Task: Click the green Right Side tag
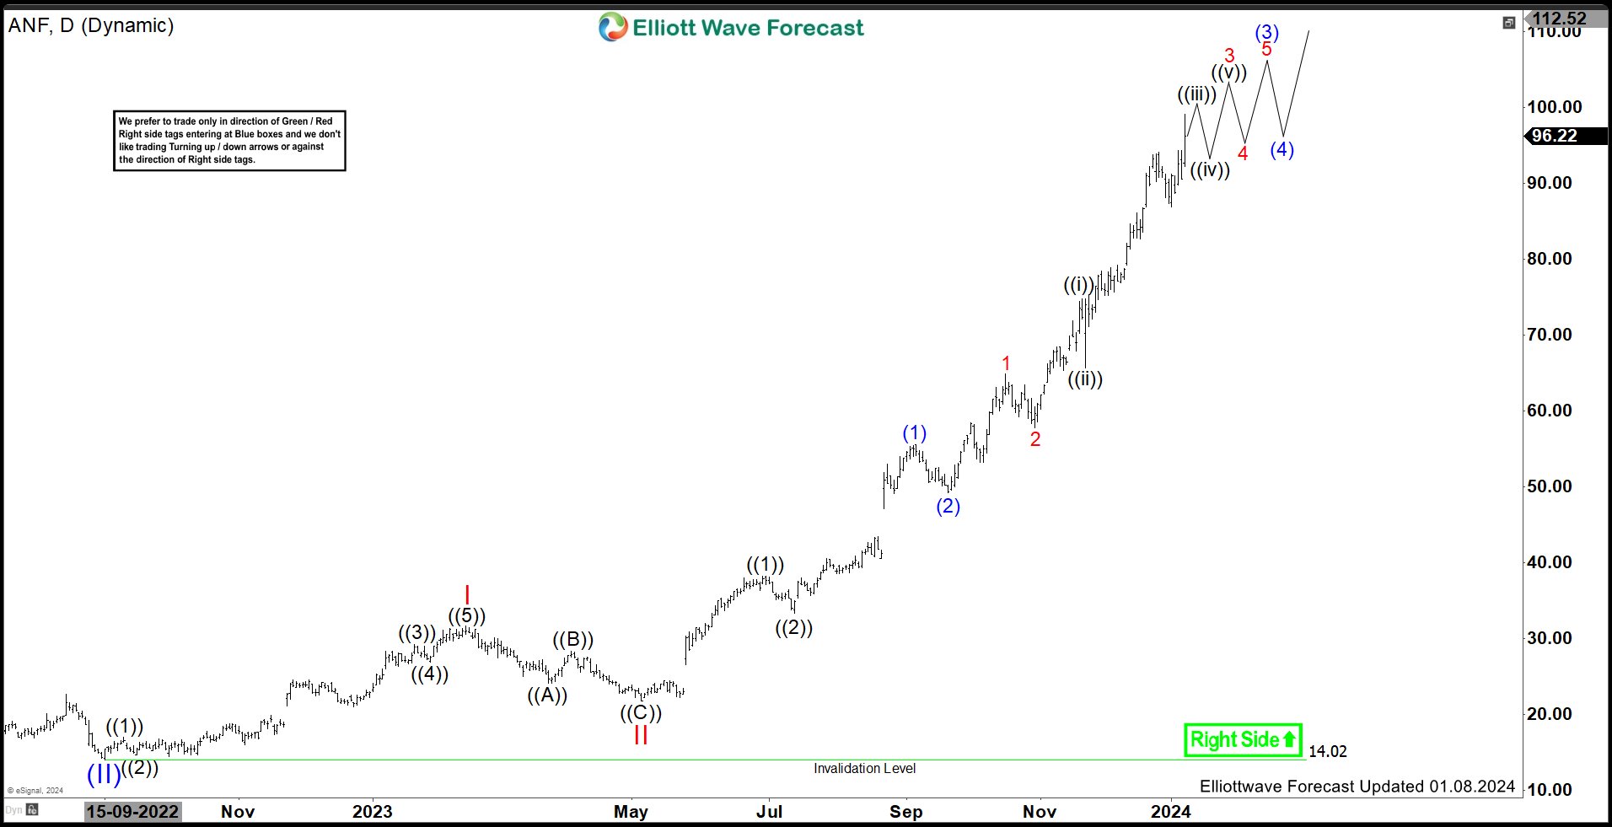click(1243, 740)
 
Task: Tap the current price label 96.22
click(1554, 136)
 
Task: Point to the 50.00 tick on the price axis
click(1549, 486)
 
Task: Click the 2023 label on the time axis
click(372, 811)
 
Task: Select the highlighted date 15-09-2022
click(133, 811)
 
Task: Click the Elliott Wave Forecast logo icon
click(613, 27)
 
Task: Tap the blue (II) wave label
click(104, 774)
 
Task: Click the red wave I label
click(467, 595)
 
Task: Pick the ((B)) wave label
click(573, 640)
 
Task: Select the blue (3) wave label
click(1266, 33)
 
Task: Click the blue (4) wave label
click(1282, 150)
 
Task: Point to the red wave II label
click(641, 735)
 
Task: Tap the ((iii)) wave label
click(1196, 94)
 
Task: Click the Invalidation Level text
click(864, 768)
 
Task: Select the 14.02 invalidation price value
click(1327, 751)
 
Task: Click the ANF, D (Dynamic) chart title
click(91, 25)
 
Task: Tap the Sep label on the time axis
click(905, 811)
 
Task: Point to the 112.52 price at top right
click(1559, 19)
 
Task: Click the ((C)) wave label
click(641, 713)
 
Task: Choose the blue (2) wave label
click(948, 506)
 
